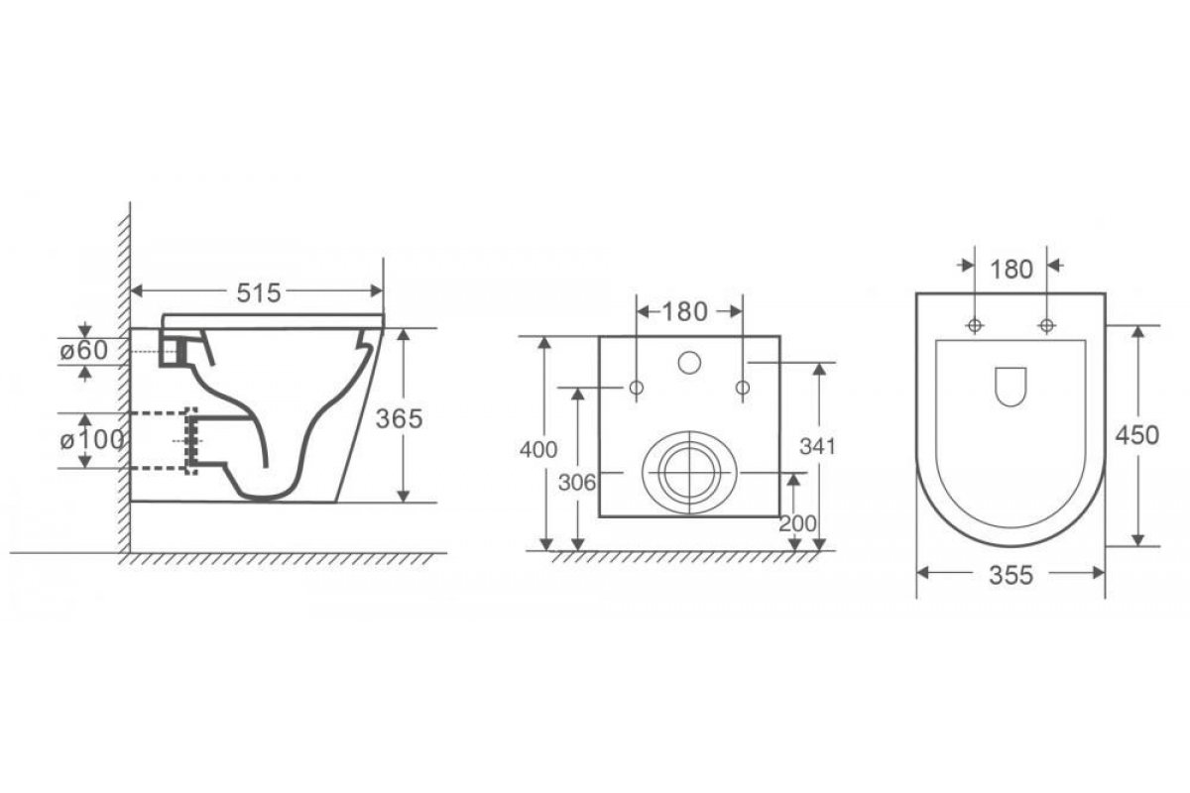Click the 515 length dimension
[x=258, y=292]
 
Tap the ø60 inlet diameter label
[x=84, y=350]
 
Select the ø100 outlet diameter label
[x=92, y=440]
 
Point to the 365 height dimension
[x=399, y=418]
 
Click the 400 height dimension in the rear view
[x=538, y=450]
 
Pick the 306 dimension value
[x=577, y=483]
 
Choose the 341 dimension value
[x=817, y=447]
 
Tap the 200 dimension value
[x=797, y=523]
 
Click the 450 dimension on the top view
[x=1136, y=435]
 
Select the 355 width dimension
[x=1011, y=575]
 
